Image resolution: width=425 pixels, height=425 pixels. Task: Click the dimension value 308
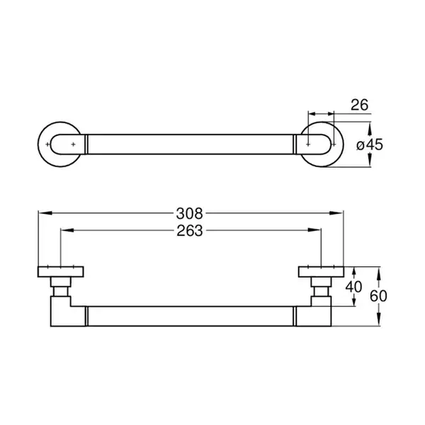pos(189,214)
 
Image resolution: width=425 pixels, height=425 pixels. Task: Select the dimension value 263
pos(189,231)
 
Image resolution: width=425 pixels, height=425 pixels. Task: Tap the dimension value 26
pos(359,105)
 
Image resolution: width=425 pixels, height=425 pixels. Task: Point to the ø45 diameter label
pos(370,144)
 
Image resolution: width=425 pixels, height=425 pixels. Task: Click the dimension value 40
pos(353,287)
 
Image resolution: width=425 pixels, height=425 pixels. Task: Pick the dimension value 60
pos(378,296)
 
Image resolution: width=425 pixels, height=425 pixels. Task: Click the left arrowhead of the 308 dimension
pos(45,213)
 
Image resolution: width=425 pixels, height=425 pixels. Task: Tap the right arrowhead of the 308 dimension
pos(336,213)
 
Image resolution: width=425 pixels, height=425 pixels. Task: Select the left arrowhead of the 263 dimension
pos(67,230)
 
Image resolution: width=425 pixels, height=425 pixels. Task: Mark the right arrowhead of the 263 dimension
pos(314,230)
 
